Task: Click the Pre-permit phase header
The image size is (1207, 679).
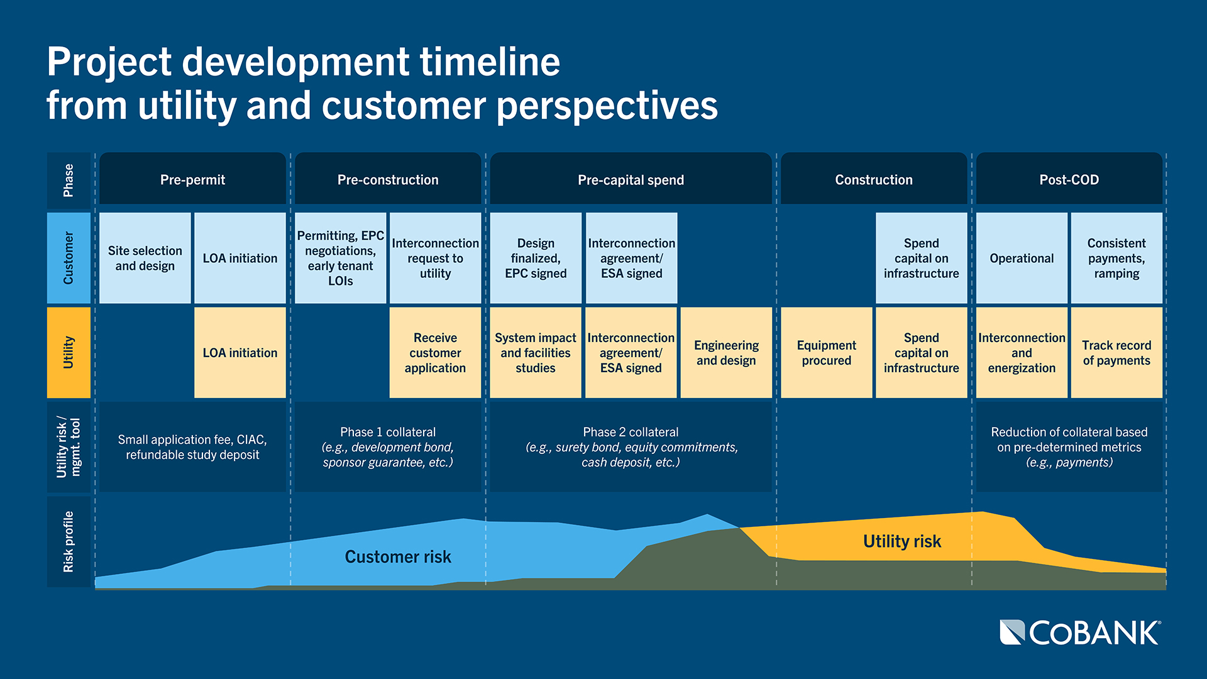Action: [x=192, y=179]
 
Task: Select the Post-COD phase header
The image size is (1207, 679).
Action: [x=1069, y=179]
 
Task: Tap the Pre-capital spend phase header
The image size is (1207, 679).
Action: [x=631, y=179]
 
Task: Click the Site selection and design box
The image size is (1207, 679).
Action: [x=145, y=258]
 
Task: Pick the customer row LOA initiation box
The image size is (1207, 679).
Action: [x=240, y=258]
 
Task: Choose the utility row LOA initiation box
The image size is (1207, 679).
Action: [x=240, y=353]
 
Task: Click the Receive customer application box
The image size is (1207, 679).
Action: [x=435, y=353]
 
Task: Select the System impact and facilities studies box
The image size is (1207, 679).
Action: [x=536, y=353]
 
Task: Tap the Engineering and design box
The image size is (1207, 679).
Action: [x=726, y=353]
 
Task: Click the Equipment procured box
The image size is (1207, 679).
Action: [x=826, y=353]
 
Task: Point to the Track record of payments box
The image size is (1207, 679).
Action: [x=1116, y=353]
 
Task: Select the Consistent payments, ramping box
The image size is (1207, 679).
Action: [x=1116, y=258]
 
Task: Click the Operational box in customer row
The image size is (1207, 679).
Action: [x=1022, y=258]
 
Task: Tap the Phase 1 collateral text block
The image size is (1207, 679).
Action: [x=387, y=447]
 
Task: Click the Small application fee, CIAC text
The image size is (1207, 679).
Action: [x=192, y=447]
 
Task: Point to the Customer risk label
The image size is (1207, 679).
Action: [x=398, y=556]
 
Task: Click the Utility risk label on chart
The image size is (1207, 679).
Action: [x=901, y=541]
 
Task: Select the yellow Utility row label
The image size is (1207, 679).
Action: [x=69, y=352]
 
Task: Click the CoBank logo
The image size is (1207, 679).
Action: [x=1080, y=632]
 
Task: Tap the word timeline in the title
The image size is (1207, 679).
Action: [x=490, y=62]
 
